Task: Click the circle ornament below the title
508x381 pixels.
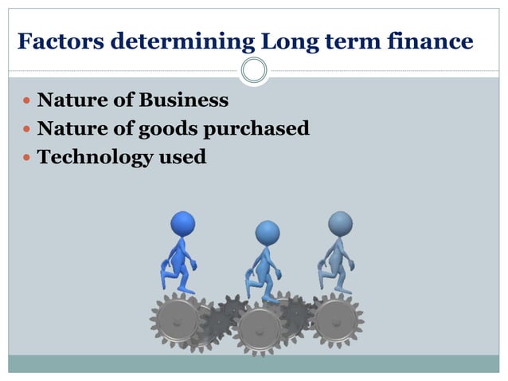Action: (254, 71)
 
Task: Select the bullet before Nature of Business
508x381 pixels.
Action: (26, 102)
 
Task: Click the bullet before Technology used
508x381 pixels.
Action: (26, 158)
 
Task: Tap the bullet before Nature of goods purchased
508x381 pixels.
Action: (26, 130)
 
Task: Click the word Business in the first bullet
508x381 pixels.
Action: (184, 101)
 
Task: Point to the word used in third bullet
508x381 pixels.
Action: (182, 157)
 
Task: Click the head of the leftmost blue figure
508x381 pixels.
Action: (183, 222)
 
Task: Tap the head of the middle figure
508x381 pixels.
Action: (268, 232)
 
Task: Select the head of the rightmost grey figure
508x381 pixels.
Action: (340, 222)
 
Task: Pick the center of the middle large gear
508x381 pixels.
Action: (259, 325)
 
